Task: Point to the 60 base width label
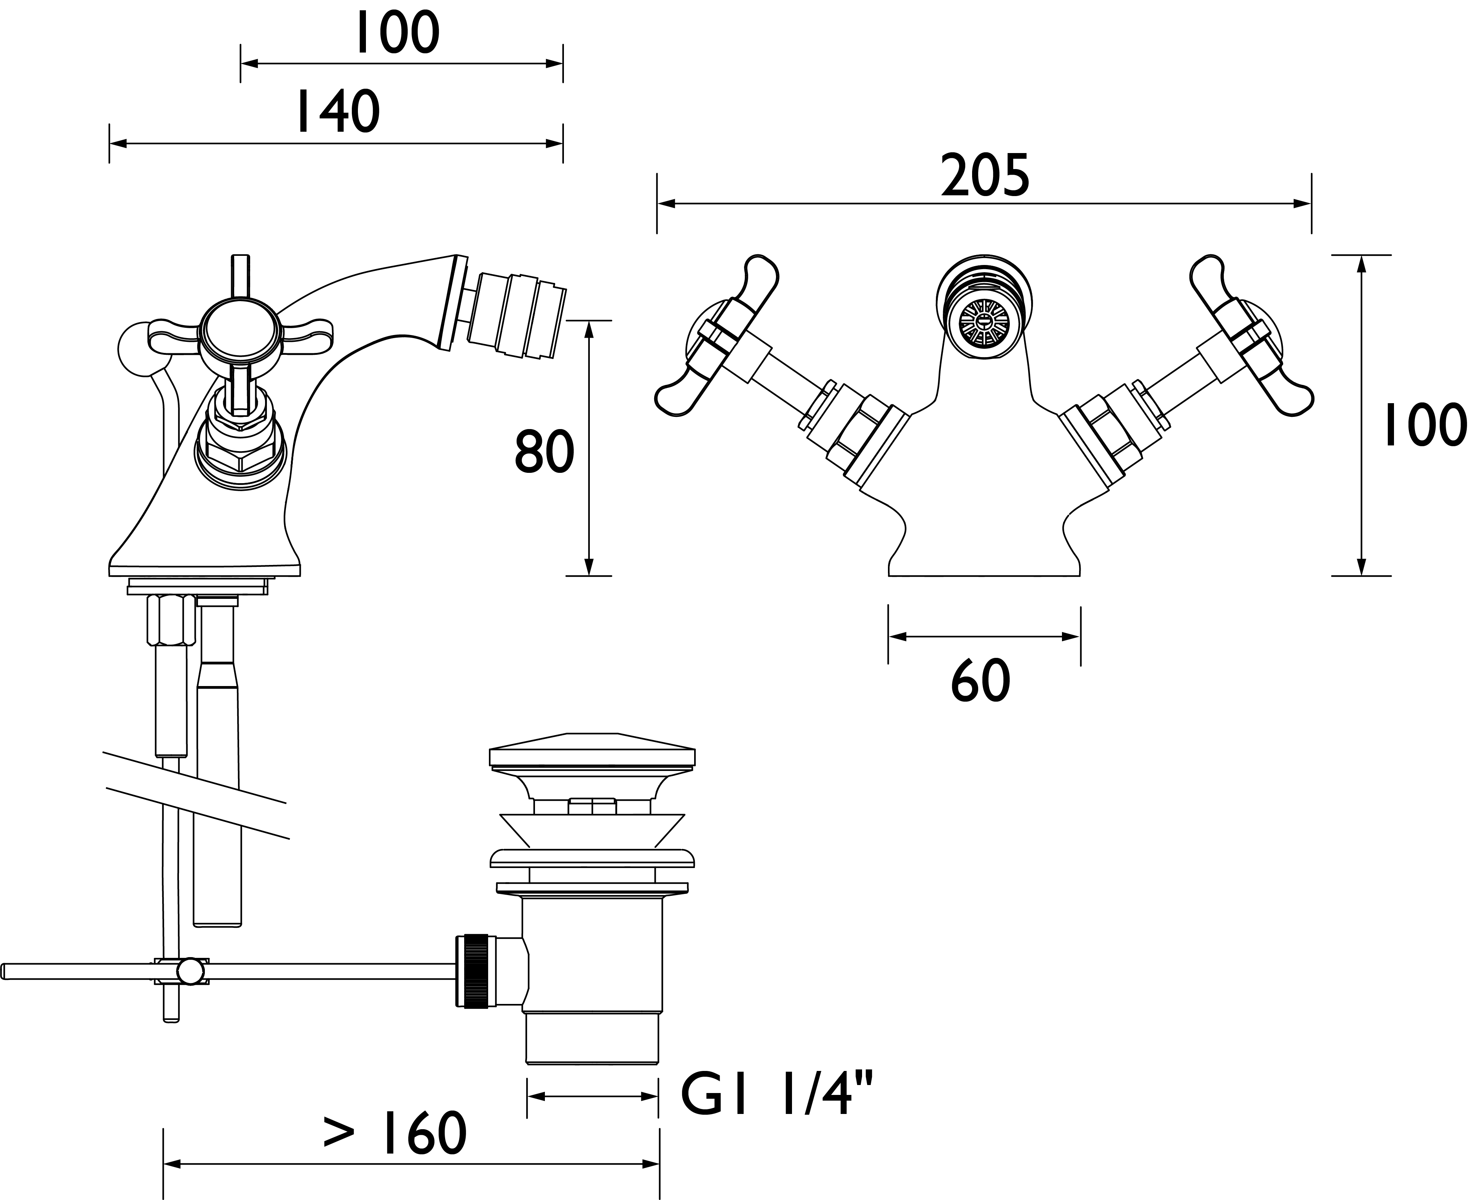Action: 980,681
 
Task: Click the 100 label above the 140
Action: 397,32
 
